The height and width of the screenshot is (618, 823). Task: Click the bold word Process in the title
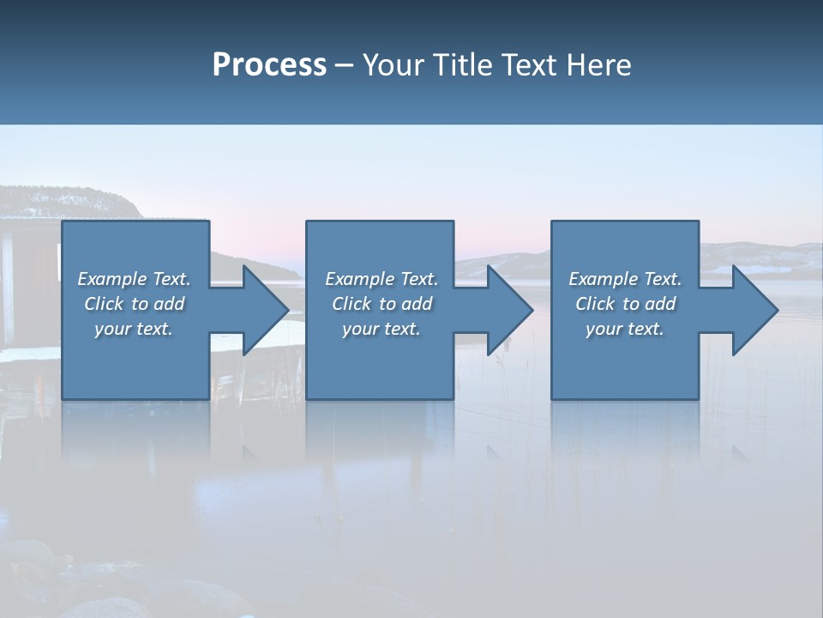point(269,65)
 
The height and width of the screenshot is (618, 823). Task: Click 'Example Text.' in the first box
point(134,279)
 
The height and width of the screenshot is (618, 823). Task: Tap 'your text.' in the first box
point(134,329)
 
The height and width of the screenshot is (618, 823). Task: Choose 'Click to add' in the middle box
point(381,304)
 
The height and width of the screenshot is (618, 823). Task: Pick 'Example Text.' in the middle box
point(381,279)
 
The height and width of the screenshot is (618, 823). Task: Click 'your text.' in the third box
point(625,329)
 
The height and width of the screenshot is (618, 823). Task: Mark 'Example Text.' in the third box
point(625,279)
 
